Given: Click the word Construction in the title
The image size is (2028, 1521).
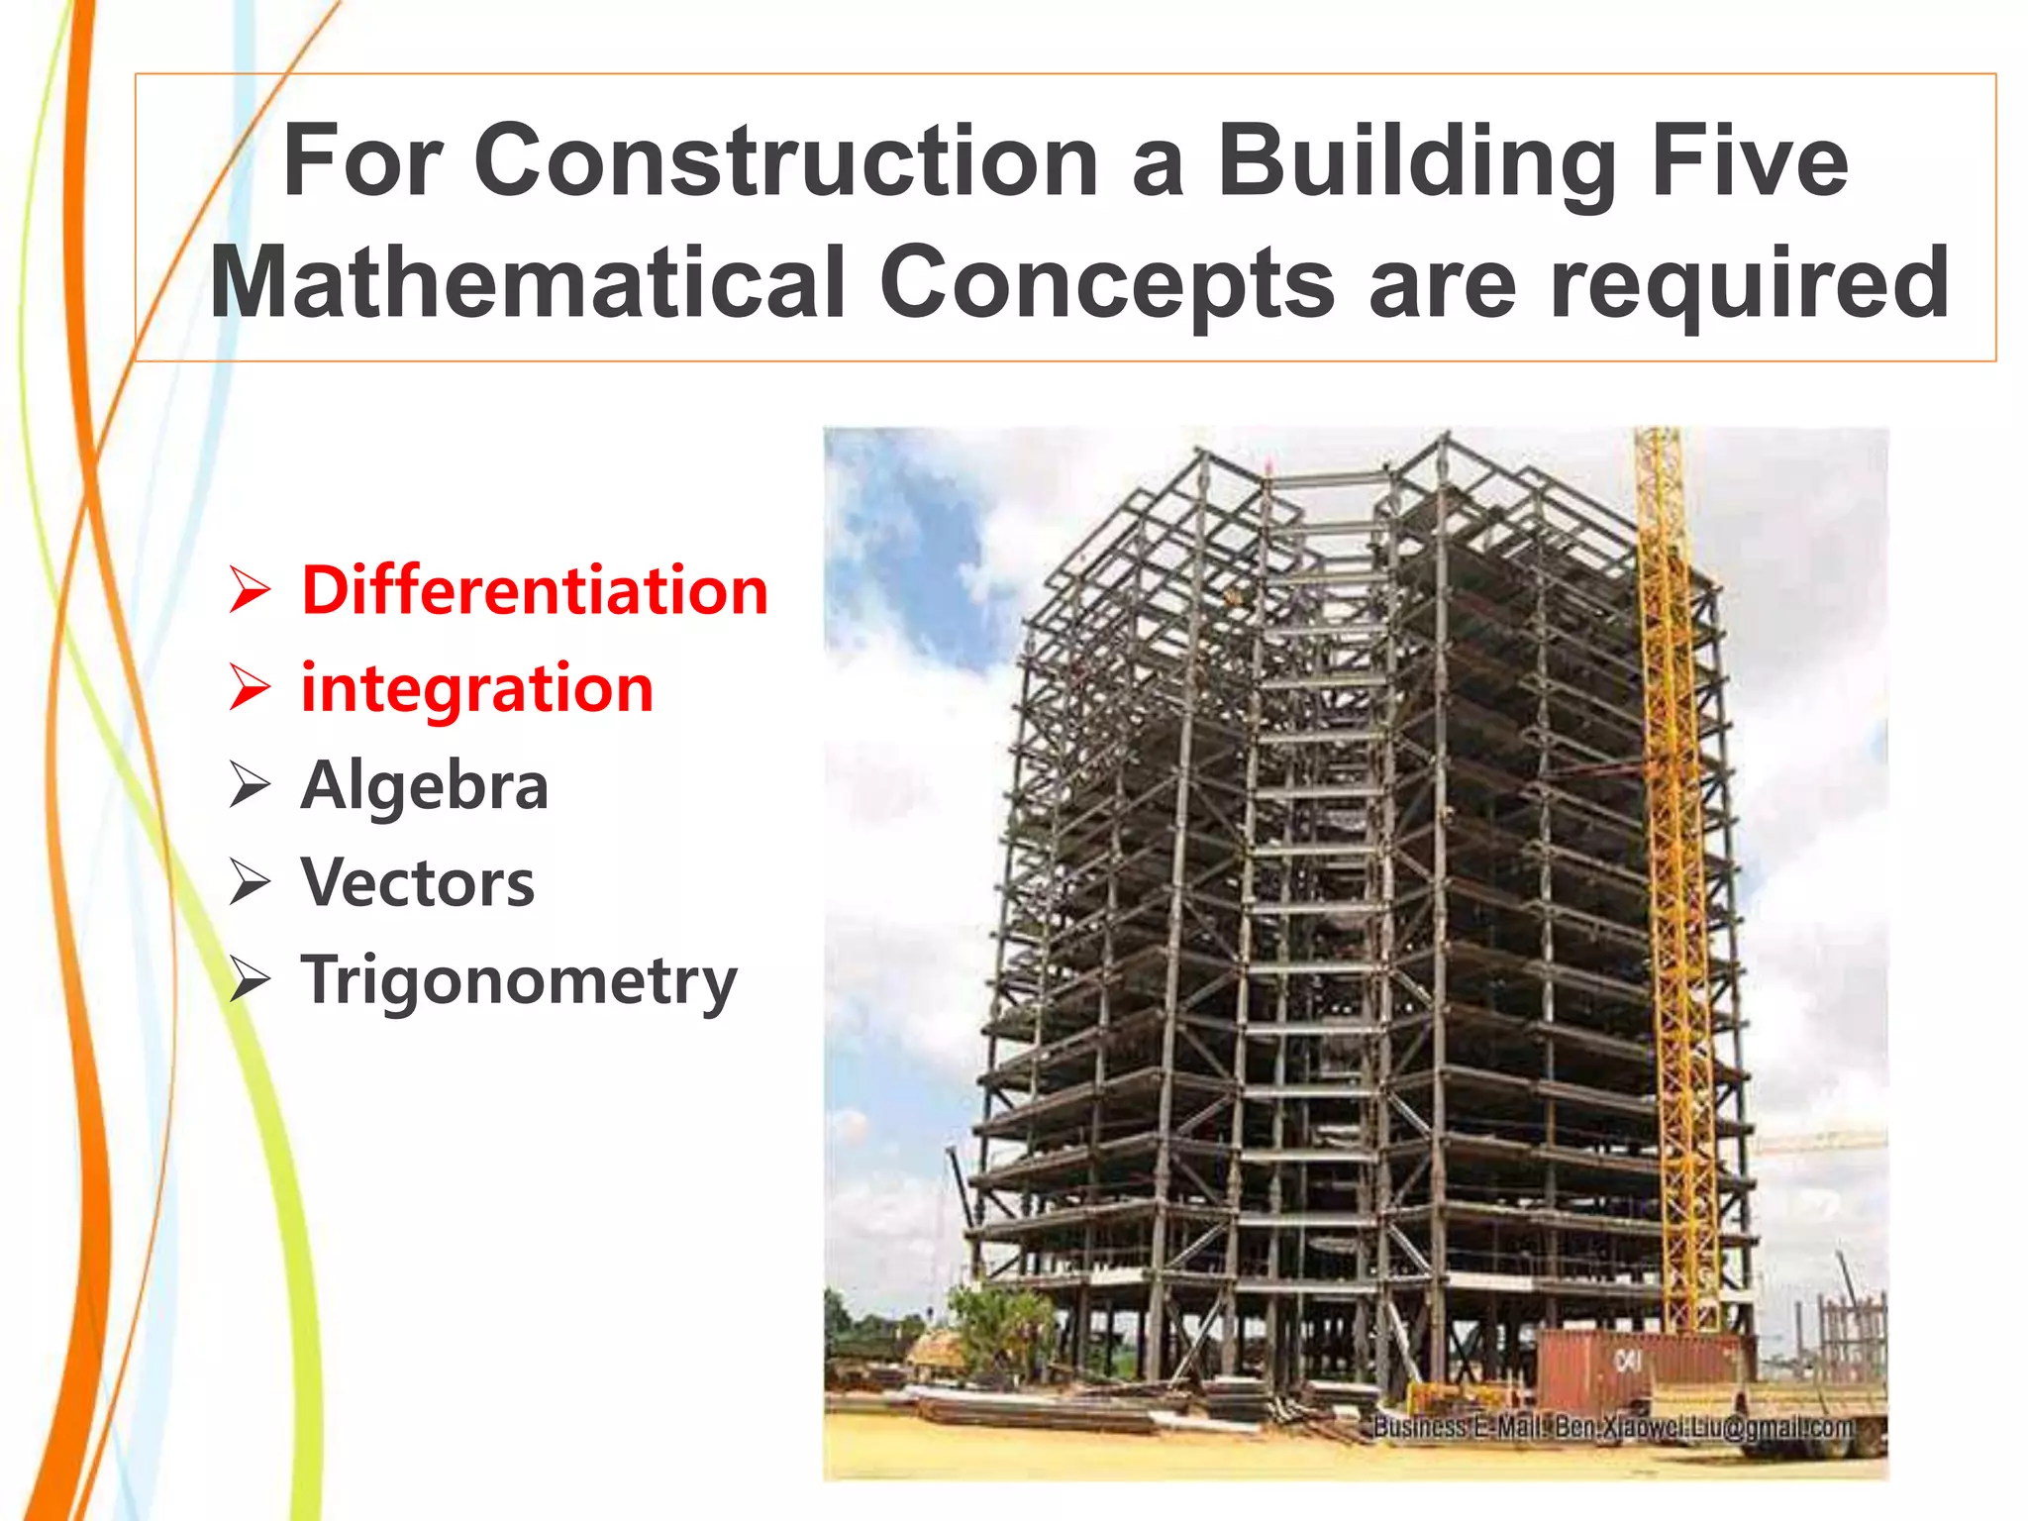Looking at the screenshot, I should pos(786,160).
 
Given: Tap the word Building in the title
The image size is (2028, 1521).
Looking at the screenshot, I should pos(1416,160).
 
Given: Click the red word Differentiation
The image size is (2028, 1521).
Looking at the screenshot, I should pos(535,590).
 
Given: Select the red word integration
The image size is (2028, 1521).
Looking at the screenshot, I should pos(477,687).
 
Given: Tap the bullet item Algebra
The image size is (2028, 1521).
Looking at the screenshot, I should pos(425,785).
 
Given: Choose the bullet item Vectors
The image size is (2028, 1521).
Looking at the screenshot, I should pos(418,882).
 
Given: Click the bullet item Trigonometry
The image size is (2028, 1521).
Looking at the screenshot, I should pos(519,980).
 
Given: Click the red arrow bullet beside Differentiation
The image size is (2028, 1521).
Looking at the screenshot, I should pos(250,590).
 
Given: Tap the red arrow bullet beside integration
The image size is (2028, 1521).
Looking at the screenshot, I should pos(250,687).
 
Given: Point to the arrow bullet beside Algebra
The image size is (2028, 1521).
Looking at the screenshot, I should pos(250,785).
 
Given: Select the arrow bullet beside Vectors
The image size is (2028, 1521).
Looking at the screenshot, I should pos(250,882).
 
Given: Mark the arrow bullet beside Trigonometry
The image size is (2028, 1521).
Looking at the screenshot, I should pos(250,980).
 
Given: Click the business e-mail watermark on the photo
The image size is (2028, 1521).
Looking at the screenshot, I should pos(1614,1427).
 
